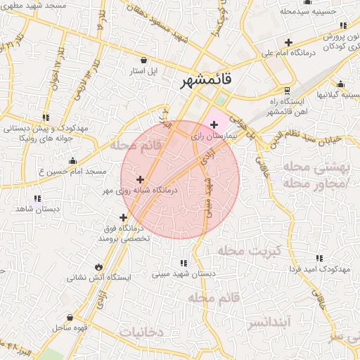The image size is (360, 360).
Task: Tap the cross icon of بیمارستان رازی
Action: (214, 124)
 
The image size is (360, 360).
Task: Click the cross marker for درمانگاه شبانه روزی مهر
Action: (140, 180)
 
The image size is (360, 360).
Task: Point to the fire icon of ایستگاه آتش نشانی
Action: (98, 267)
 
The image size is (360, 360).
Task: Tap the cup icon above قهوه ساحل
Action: (69, 318)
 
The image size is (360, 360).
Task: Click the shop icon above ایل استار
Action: (145, 60)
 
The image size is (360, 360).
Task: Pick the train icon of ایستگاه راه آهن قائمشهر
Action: (287, 91)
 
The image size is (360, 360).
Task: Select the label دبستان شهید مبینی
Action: (184, 274)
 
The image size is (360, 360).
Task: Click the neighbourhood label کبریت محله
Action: (249, 251)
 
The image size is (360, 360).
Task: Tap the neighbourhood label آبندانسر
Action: (268, 323)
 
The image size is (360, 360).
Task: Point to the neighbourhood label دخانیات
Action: (141, 331)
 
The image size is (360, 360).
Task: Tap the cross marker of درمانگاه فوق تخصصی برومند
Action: (124, 217)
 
